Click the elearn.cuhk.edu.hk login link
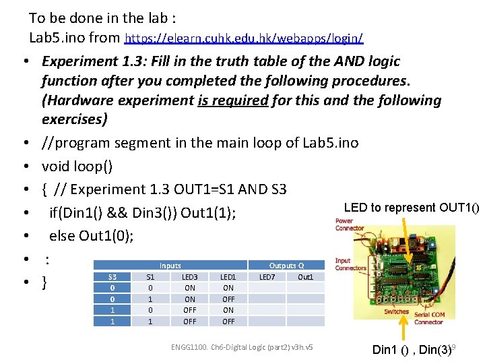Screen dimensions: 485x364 point(245,37)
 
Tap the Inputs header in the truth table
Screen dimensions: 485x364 point(170,266)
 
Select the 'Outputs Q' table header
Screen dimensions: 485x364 point(286,266)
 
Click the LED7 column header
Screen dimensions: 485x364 point(267,277)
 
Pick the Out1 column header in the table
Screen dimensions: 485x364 point(305,277)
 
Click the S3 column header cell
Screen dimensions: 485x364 point(112,277)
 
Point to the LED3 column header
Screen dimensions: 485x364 point(190,277)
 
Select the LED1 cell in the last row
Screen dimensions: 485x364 point(228,322)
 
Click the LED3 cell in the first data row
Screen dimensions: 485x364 point(190,288)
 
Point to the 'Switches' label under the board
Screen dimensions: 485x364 point(396,311)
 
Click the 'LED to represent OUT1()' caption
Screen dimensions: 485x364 point(411,208)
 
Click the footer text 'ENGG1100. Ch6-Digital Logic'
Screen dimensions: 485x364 point(243,347)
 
